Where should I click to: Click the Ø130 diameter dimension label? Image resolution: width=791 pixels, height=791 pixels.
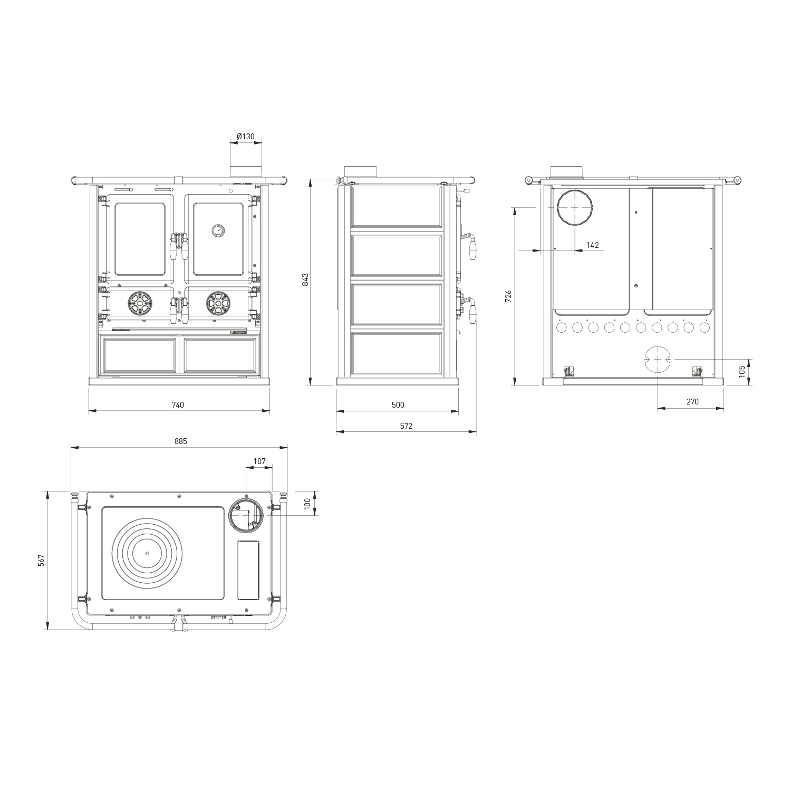pyautogui.click(x=246, y=137)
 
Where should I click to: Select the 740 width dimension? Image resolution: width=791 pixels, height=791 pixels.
pyautogui.click(x=178, y=405)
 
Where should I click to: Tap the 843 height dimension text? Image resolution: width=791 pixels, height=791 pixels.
pyautogui.click(x=305, y=279)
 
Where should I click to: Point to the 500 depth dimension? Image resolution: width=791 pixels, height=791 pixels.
pyautogui.click(x=398, y=405)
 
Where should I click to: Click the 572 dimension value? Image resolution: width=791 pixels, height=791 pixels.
pyautogui.click(x=406, y=426)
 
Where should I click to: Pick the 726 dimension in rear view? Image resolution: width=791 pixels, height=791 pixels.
pyautogui.click(x=508, y=296)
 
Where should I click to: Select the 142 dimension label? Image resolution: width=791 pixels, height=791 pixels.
pyautogui.click(x=593, y=245)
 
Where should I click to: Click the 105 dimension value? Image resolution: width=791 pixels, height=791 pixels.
pyautogui.click(x=741, y=371)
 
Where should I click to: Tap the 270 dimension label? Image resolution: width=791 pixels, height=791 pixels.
pyautogui.click(x=692, y=402)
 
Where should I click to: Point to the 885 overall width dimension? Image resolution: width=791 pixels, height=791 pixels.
pyautogui.click(x=180, y=441)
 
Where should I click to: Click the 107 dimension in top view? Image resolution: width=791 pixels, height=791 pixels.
pyautogui.click(x=259, y=461)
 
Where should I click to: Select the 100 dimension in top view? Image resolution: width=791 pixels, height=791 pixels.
pyautogui.click(x=308, y=503)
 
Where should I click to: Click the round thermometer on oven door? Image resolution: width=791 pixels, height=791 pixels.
pyautogui.click(x=218, y=230)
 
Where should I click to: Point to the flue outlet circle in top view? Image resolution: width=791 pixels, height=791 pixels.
pyautogui.click(x=245, y=514)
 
